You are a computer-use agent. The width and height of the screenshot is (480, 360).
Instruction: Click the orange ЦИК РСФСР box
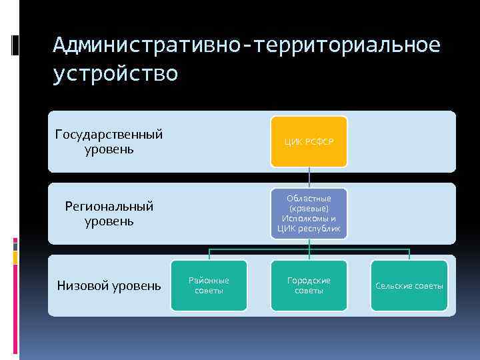309,141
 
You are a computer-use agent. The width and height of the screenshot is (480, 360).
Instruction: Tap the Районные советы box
209,285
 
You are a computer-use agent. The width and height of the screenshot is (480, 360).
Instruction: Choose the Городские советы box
309,285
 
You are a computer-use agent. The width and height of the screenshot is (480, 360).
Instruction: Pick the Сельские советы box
409,285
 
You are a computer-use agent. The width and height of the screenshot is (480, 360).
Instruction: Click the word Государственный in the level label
109,135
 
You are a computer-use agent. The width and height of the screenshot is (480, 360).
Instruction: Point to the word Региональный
109,206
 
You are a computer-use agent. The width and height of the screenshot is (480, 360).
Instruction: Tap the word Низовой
79,286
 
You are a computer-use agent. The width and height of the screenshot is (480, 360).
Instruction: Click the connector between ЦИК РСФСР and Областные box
309,177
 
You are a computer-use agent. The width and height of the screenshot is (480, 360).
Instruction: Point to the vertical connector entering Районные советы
209,255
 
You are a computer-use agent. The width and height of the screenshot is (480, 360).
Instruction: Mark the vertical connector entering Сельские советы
409,255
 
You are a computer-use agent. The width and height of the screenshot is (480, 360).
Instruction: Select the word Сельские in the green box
391,286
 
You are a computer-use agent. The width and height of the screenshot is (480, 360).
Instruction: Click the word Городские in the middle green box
309,281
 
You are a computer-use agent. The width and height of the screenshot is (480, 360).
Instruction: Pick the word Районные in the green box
209,281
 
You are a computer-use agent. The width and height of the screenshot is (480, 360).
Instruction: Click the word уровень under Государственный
109,149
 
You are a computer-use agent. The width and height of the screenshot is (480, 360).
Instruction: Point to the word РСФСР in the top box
319,142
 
